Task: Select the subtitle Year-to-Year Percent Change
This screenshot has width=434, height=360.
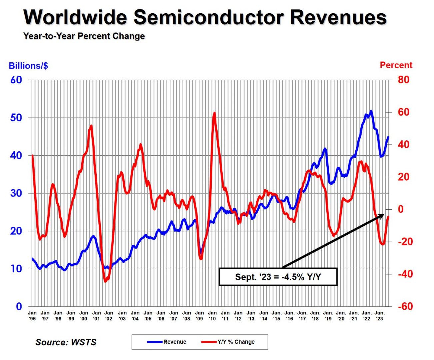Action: pyautogui.click(x=84, y=36)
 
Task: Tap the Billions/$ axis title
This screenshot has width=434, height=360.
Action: pyautogui.click(x=28, y=66)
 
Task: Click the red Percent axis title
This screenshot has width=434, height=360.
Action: pyautogui.click(x=396, y=65)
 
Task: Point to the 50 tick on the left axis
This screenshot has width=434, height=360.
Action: pyautogui.click(x=16, y=118)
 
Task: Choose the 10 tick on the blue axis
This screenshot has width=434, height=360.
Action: pyautogui.click(x=16, y=269)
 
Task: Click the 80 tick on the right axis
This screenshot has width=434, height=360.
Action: pyautogui.click(x=403, y=80)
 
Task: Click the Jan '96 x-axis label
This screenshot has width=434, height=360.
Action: pyautogui.click(x=32, y=316)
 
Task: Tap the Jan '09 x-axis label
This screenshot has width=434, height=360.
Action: pyautogui.click(x=199, y=316)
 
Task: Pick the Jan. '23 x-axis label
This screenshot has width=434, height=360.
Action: pyautogui.click(x=379, y=316)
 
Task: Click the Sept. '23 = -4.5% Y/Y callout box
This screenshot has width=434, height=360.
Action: pyautogui.click(x=278, y=277)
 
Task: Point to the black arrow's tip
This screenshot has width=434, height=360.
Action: pyautogui.click(x=384, y=215)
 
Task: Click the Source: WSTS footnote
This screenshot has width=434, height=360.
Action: pyautogui.click(x=66, y=342)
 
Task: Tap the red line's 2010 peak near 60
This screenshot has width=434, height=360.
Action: pyautogui.click(x=214, y=113)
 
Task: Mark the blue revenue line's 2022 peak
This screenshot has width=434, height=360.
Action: pyautogui.click(x=371, y=111)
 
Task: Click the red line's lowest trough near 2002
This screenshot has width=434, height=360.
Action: pyautogui.click(x=106, y=281)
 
